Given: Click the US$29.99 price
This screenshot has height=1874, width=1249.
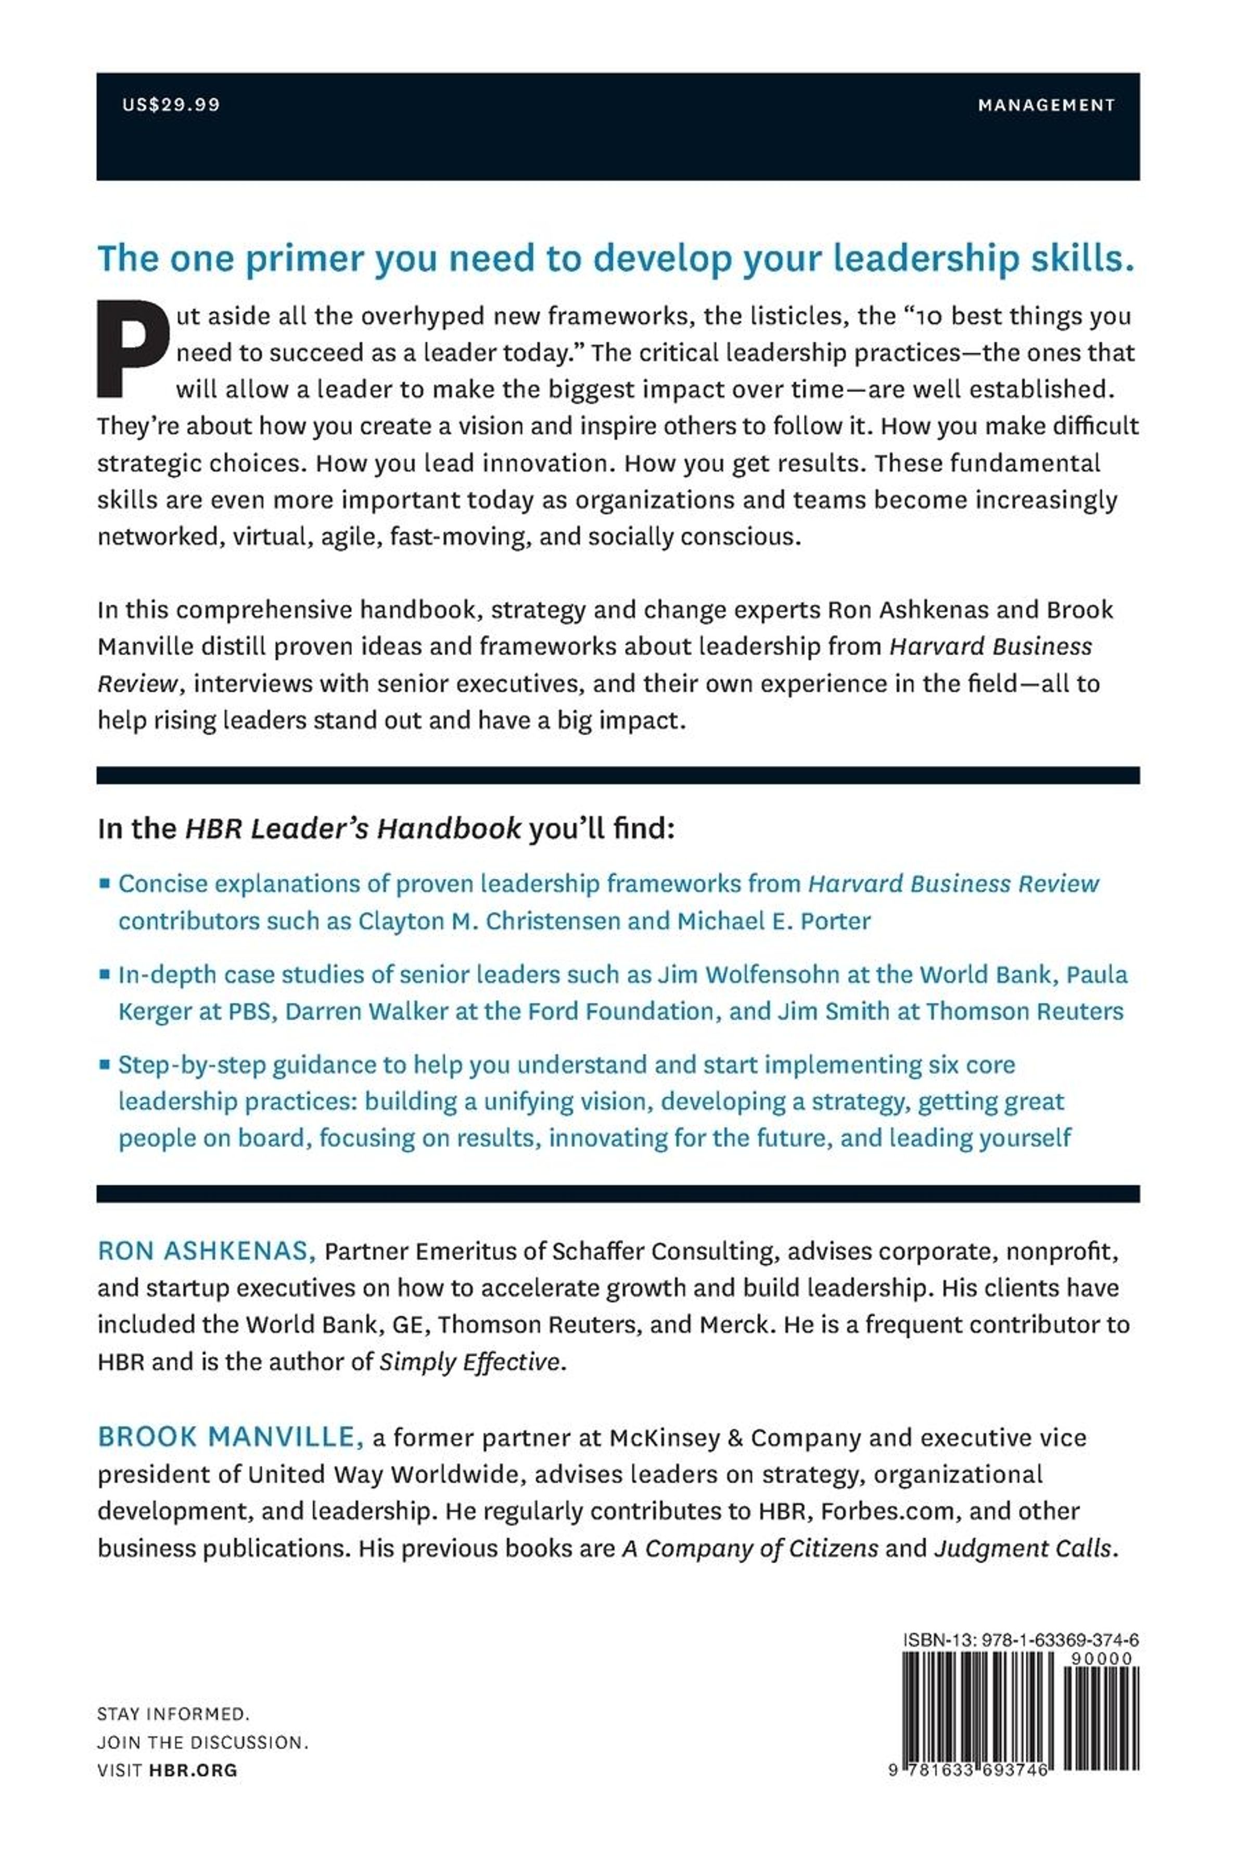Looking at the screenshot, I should click(x=171, y=104).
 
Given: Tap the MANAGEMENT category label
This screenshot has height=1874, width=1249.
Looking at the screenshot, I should click(x=1046, y=104).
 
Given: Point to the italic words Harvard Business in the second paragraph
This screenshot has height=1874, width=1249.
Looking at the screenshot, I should click(x=990, y=646).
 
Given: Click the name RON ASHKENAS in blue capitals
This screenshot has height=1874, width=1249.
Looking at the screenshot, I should click(x=206, y=1251).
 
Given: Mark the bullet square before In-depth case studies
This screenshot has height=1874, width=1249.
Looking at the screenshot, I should click(x=105, y=974).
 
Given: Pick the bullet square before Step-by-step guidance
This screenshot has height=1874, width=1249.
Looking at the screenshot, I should click(x=105, y=1064).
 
